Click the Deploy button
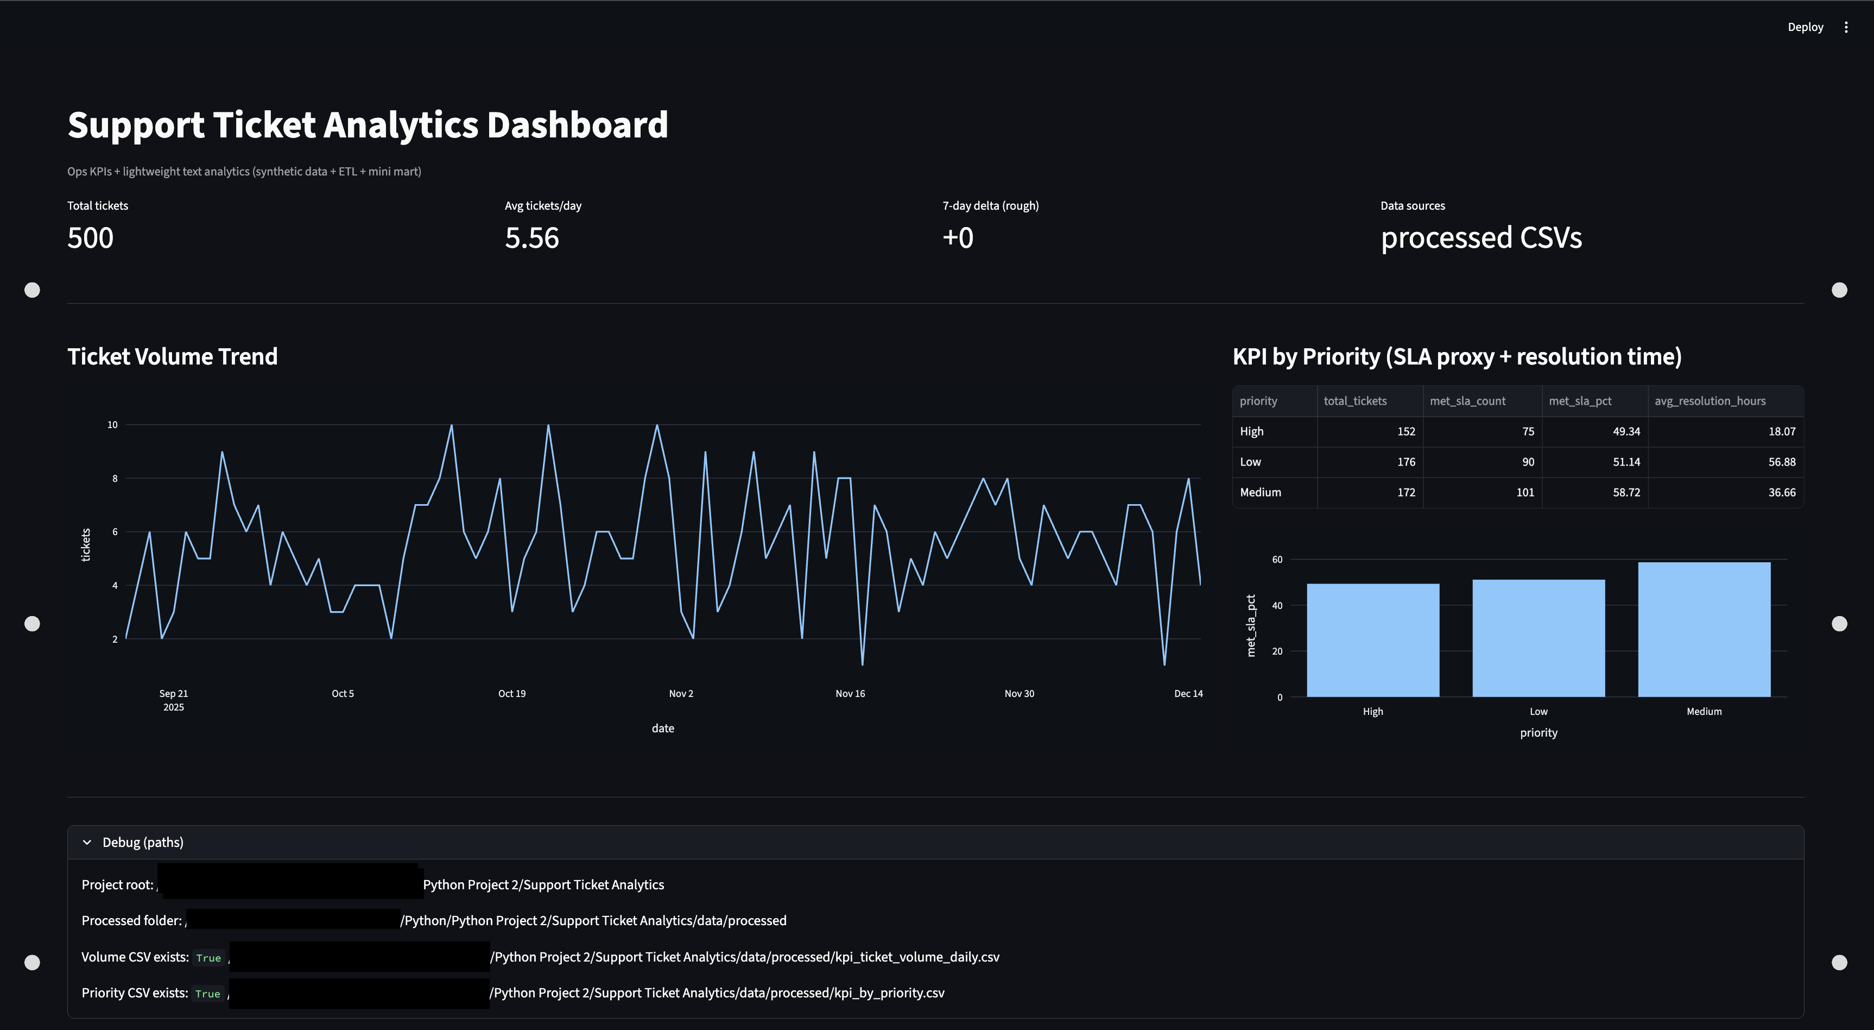pyautogui.click(x=1805, y=27)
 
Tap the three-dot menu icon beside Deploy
pyautogui.click(x=1846, y=27)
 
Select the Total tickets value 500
pyautogui.click(x=90, y=238)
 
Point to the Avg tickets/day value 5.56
pyautogui.click(x=532, y=238)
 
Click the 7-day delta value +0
pyautogui.click(x=958, y=238)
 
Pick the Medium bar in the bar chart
pyautogui.click(x=1704, y=629)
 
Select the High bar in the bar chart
pyautogui.click(x=1373, y=640)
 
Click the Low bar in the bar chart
pyautogui.click(x=1538, y=638)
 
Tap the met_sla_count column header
pyautogui.click(x=1467, y=401)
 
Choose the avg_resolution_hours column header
pyautogui.click(x=1710, y=401)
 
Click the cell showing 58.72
pyautogui.click(x=1626, y=492)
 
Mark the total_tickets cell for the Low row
pyautogui.click(x=1405, y=462)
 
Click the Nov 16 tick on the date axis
pyautogui.click(x=850, y=694)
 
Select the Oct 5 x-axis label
pyautogui.click(x=343, y=694)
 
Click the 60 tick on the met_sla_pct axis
pyautogui.click(x=1277, y=560)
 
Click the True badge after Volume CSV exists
pyautogui.click(x=208, y=958)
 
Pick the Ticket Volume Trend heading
pyautogui.click(x=173, y=357)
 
